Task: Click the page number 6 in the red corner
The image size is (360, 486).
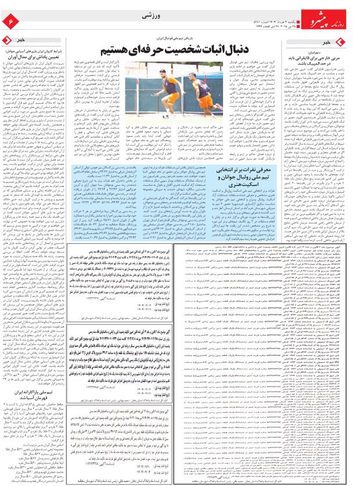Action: pyautogui.click(x=10, y=21)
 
